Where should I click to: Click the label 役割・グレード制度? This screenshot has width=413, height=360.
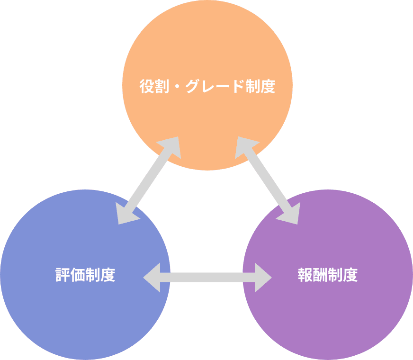(207, 87)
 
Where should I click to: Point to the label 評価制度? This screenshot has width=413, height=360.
(85, 275)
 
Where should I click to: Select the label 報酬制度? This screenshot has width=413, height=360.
(328, 275)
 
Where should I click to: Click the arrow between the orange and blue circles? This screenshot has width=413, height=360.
(149, 180)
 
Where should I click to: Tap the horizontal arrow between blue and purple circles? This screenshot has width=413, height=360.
(207, 277)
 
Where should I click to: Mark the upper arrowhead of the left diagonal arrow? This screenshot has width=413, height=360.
(171, 146)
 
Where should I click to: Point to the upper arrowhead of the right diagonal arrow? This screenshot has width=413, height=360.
(244, 146)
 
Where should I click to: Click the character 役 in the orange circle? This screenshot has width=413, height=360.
(145, 87)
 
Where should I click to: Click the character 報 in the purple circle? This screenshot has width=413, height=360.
(305, 275)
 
